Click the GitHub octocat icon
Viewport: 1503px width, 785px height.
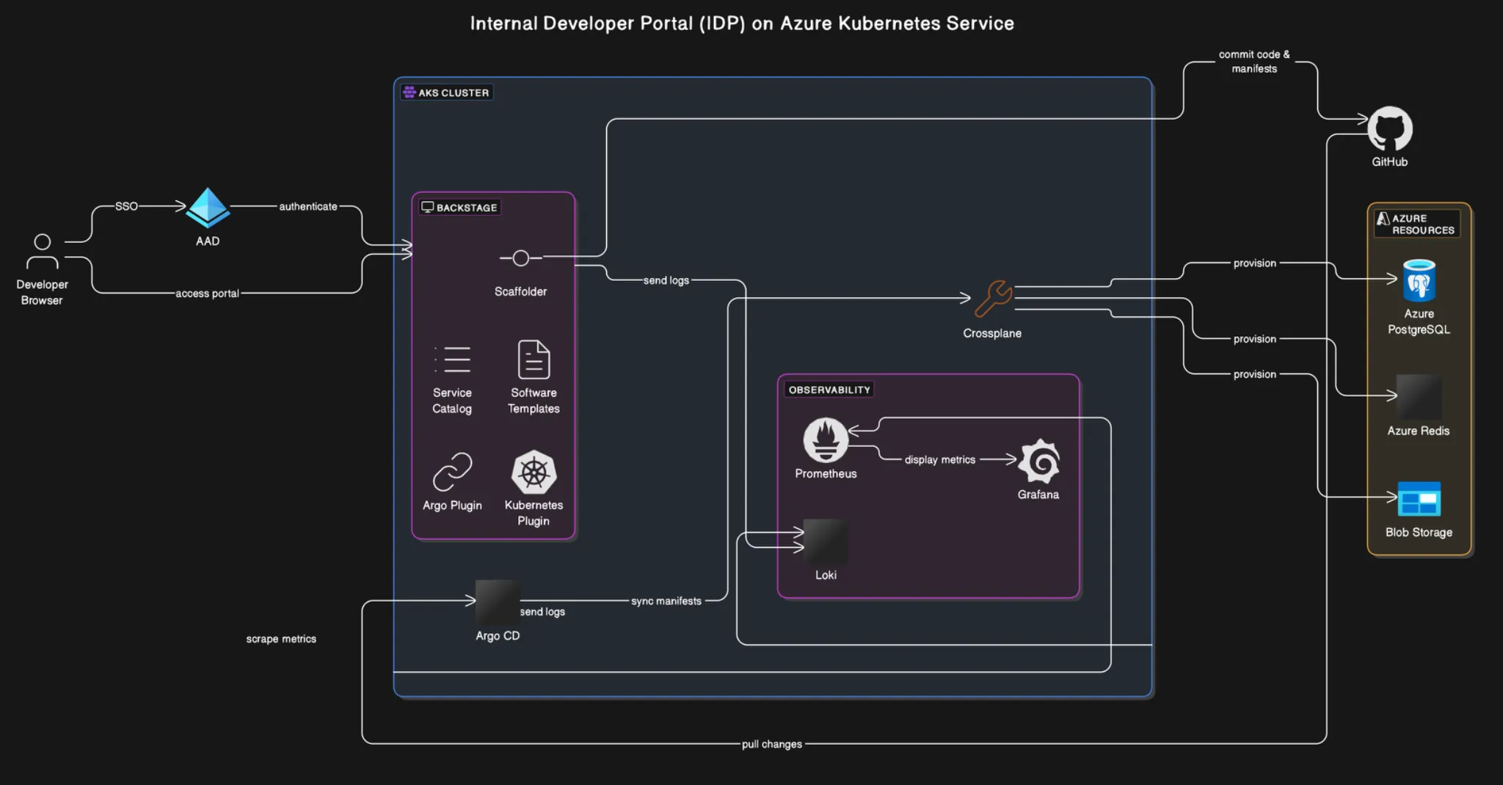(x=1389, y=129)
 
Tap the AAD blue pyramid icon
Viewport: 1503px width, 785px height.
(x=208, y=208)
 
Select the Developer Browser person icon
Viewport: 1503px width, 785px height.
(x=43, y=252)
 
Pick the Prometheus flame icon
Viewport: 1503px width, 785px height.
(x=826, y=440)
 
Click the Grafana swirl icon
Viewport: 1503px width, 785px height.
(x=1039, y=461)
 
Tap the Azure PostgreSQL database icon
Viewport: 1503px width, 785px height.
(x=1419, y=281)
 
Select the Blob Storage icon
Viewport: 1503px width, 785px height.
(x=1419, y=500)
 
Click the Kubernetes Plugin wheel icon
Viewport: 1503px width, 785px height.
(x=534, y=472)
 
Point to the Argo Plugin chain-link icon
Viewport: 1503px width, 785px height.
(x=452, y=472)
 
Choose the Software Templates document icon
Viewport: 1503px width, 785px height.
(x=534, y=359)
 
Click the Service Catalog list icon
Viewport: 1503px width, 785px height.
(x=452, y=359)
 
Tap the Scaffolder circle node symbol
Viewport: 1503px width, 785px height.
(x=520, y=258)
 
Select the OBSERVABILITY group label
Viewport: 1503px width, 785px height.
(x=829, y=390)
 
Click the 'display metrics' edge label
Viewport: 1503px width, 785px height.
(x=939, y=460)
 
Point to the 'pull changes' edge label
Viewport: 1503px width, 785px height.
(x=771, y=744)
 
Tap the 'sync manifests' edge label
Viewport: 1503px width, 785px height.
(x=666, y=601)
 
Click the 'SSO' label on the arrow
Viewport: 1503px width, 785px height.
(x=126, y=206)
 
